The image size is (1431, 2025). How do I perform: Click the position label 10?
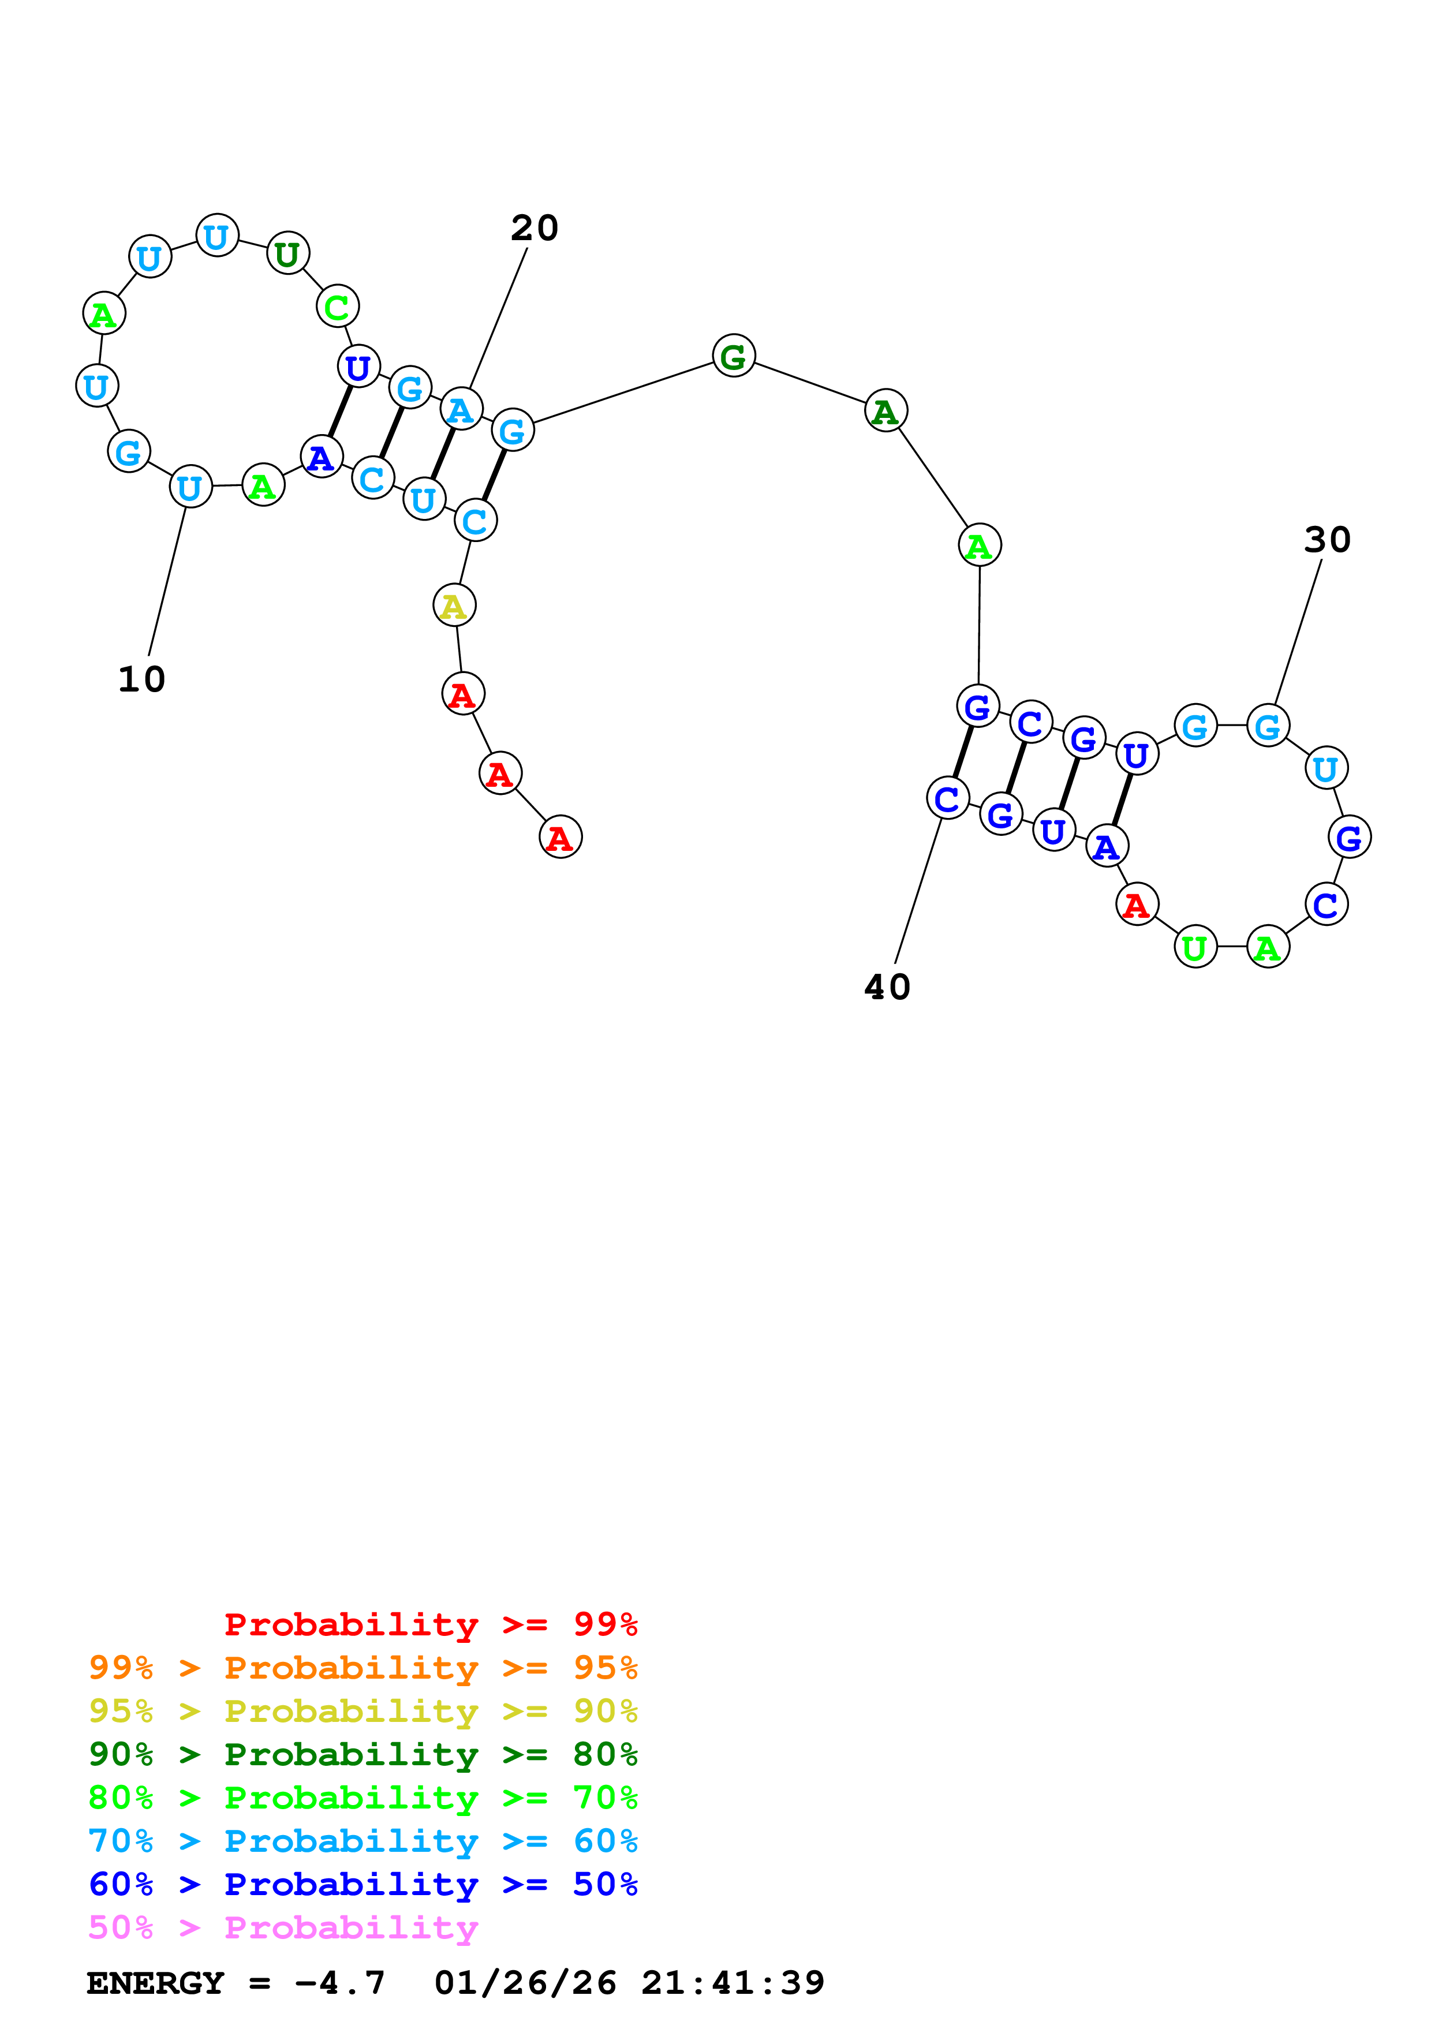pos(141,679)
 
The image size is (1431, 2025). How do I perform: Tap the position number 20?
pos(535,229)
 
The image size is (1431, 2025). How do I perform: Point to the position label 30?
pos(1327,540)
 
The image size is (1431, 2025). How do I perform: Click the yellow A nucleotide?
pos(454,606)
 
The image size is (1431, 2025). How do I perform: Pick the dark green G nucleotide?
pos(734,356)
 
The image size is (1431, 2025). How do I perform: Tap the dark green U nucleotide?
pos(287,254)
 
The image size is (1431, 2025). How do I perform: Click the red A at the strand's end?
pos(560,837)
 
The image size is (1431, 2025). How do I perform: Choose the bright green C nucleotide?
pos(337,307)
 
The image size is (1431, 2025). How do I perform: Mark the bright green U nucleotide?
pos(1195,948)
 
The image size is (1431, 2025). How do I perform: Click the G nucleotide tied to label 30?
pos(1268,727)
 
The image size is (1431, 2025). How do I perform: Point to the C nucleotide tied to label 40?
pos(948,799)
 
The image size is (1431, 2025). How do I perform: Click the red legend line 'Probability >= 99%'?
pos(430,1624)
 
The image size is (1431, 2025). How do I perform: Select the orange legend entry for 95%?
pos(363,1668)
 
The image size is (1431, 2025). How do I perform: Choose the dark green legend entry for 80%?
pos(363,1754)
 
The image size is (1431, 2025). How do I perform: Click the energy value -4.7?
pos(339,1983)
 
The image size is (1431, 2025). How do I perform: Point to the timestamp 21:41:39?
pos(733,1983)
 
